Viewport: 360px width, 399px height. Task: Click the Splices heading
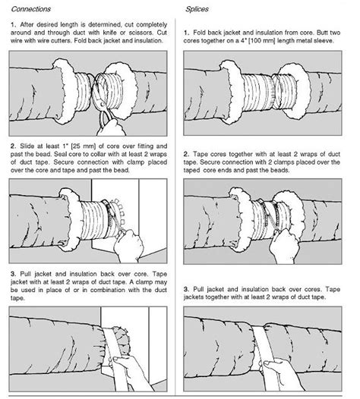[x=198, y=10]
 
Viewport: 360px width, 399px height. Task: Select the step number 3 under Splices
[x=187, y=270]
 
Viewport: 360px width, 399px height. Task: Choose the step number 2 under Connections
[x=13, y=145]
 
